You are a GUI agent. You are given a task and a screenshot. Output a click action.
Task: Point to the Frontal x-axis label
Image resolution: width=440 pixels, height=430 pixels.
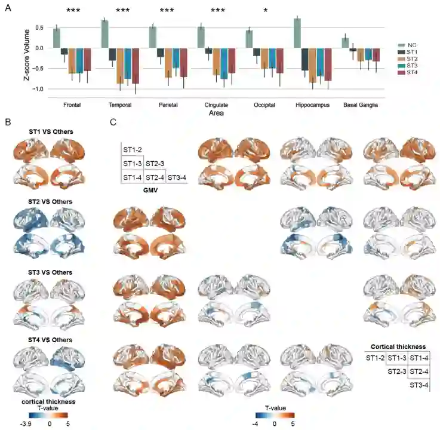[x=72, y=105]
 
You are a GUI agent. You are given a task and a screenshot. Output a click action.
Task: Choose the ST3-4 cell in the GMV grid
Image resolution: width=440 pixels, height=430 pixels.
[x=176, y=177]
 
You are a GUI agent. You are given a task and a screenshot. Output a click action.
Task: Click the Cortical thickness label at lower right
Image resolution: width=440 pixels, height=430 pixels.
[x=398, y=346]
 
